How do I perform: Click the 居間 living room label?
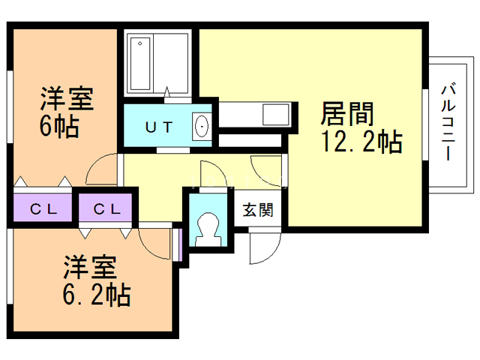pos(347,114)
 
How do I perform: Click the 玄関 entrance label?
pos(257,209)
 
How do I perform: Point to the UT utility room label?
pos(159,127)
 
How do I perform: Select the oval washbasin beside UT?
pos(202,127)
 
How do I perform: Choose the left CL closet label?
pos(43,208)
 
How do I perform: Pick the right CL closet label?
pos(106,208)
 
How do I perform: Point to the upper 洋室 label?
pos(66,98)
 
